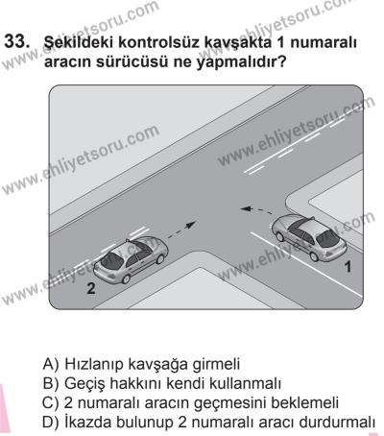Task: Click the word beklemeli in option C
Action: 318,401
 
